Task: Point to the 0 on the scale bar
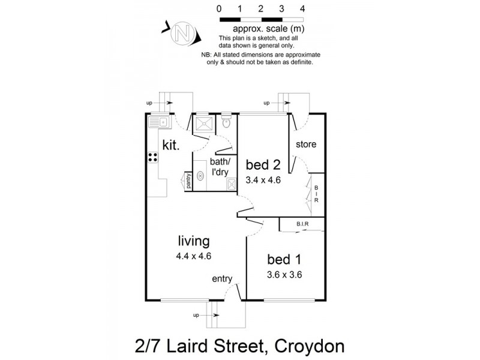(220, 8)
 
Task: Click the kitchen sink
(160, 122)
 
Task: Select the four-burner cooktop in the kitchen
(153, 158)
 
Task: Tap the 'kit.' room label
(172, 145)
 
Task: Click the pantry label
(187, 181)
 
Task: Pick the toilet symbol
(226, 123)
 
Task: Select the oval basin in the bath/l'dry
(200, 176)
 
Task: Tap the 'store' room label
(306, 145)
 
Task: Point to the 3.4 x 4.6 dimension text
(263, 179)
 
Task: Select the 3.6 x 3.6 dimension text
(284, 275)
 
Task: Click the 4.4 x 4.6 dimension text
(193, 256)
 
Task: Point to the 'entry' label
(223, 280)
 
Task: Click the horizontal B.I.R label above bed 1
(302, 224)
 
